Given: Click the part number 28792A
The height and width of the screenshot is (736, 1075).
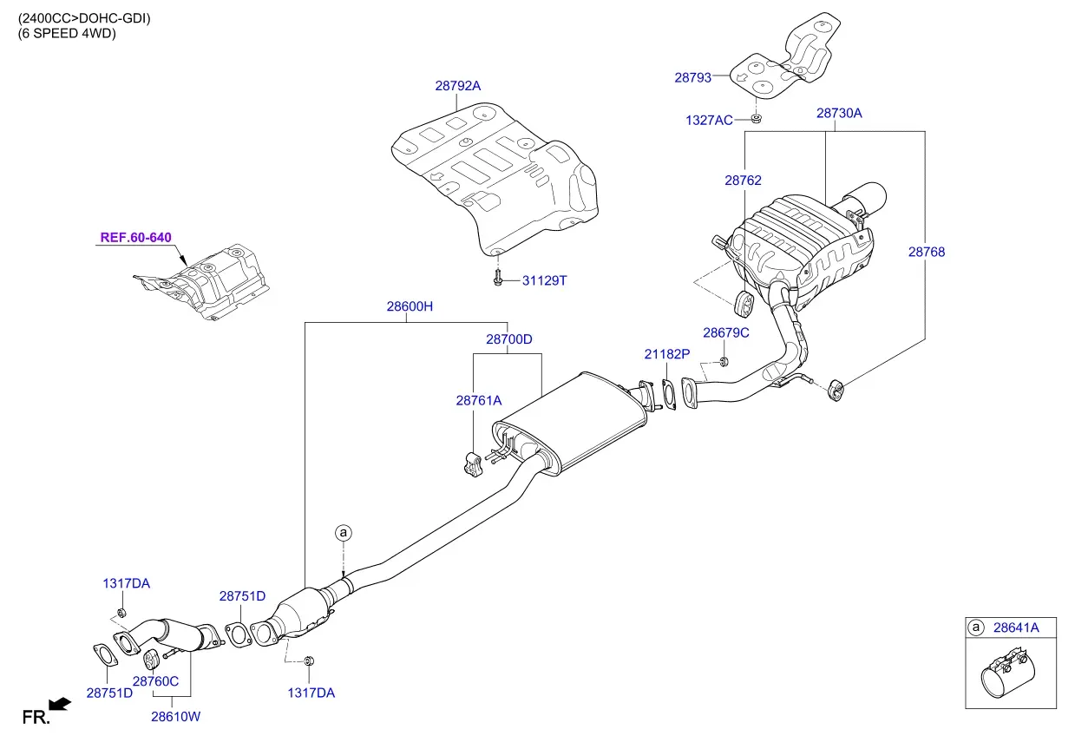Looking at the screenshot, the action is [457, 86].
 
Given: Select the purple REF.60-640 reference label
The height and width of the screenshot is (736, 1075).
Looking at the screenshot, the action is [136, 238].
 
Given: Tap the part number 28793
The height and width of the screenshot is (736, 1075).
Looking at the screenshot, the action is [692, 78].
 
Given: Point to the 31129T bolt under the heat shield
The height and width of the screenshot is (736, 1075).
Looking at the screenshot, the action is [498, 278].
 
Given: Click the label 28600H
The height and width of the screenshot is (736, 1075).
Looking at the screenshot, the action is [410, 306].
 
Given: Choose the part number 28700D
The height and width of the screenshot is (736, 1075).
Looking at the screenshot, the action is [508, 339].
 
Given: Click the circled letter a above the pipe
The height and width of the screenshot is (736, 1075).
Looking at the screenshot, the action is [343, 532].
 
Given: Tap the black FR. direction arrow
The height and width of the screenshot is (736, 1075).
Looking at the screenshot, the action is [60, 704].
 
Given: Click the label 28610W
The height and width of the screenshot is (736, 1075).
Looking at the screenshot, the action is [175, 717].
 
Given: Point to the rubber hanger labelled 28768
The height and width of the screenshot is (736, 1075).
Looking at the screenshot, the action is [836, 390].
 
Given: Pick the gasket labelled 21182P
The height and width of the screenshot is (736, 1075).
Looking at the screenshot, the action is [669, 395].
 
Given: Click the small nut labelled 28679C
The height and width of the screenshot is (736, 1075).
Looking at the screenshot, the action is [724, 362].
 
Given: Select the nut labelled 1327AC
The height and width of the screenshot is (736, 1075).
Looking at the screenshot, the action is [756, 118].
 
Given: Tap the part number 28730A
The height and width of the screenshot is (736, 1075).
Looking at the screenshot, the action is [839, 114].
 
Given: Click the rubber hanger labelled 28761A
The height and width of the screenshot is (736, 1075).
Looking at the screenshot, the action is [473, 464].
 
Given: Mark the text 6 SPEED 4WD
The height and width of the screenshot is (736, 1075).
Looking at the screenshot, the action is [67, 34].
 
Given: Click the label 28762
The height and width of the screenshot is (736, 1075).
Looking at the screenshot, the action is [743, 181].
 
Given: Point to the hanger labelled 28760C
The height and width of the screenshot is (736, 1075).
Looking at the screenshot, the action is [151, 660].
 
